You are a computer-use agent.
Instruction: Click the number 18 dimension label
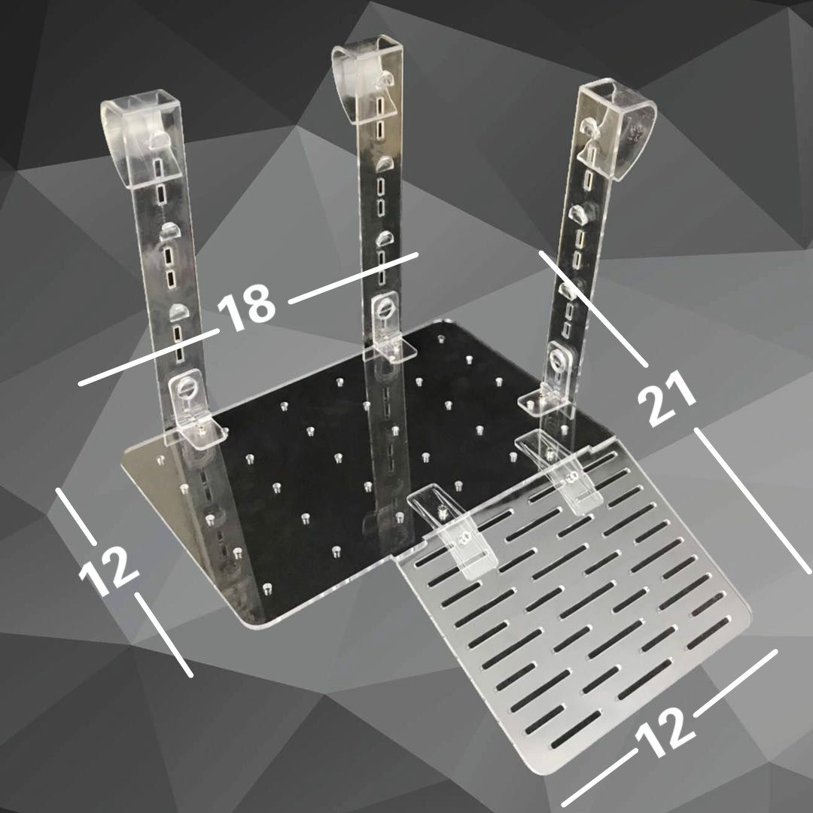246,306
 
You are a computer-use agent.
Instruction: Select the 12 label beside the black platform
108,571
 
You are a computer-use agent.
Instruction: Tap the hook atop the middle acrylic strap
368,78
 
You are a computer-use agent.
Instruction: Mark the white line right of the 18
354,278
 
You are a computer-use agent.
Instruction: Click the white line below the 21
752,500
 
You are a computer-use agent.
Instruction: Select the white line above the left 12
76,516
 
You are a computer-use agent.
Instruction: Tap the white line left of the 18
149,357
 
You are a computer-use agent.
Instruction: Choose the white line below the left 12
164,635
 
